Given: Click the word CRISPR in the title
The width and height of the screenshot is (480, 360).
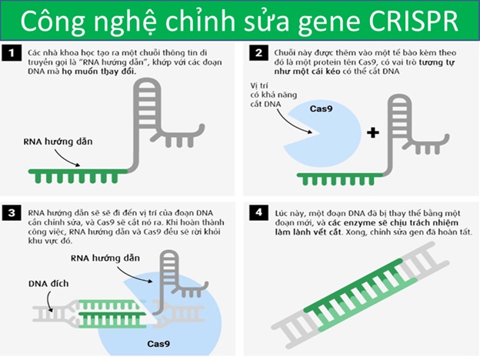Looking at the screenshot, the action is tap(413, 21).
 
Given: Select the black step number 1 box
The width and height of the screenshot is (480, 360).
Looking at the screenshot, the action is tap(12, 53).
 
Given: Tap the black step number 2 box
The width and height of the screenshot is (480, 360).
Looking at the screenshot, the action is tap(259, 52).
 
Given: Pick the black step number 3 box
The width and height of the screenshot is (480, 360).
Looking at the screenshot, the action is tap(12, 212).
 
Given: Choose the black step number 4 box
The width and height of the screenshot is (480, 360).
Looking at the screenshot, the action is tap(259, 212).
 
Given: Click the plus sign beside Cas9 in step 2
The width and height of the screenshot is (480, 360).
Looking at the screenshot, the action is tap(373, 132).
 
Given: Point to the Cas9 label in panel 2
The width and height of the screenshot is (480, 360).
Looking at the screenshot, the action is tap(321, 108).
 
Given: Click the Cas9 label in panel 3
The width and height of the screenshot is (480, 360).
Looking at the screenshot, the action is tap(158, 344).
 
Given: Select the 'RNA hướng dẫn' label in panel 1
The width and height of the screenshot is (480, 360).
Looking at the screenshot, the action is tap(58, 142).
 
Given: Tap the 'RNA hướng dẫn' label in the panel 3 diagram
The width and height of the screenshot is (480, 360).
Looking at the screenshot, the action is tap(105, 258).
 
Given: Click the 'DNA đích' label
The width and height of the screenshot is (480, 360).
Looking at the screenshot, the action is tap(48, 284).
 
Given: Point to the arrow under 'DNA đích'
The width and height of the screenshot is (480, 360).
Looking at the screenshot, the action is tap(49, 302).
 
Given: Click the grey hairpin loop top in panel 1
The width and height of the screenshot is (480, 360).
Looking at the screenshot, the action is tap(147, 83).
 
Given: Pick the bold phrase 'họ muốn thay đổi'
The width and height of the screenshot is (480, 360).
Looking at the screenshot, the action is tap(99, 72).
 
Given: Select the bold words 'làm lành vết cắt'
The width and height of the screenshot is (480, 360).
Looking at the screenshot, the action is tap(308, 232).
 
